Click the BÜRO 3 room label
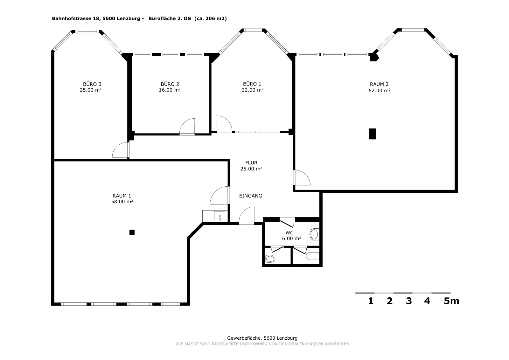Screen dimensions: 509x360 coord(92,84)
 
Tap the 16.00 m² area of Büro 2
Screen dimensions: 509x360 coord(170,90)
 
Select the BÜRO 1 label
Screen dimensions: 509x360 coord(252,84)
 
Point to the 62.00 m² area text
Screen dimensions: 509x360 coord(379,91)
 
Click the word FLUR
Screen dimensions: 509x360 coord(251,163)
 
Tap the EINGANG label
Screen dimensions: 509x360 coord(251,196)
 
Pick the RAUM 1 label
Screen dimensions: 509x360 coord(122,196)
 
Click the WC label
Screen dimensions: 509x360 coord(289,233)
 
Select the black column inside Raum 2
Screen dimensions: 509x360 coord(372,134)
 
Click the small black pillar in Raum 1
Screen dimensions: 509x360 coord(132,232)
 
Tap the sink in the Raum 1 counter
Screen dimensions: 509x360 coord(220,216)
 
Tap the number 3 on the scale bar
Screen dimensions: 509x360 coord(409,301)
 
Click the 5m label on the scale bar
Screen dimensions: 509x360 coord(451,301)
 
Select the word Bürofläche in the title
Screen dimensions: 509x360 coord(162,19)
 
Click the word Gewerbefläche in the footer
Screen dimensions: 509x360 coord(245,338)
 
